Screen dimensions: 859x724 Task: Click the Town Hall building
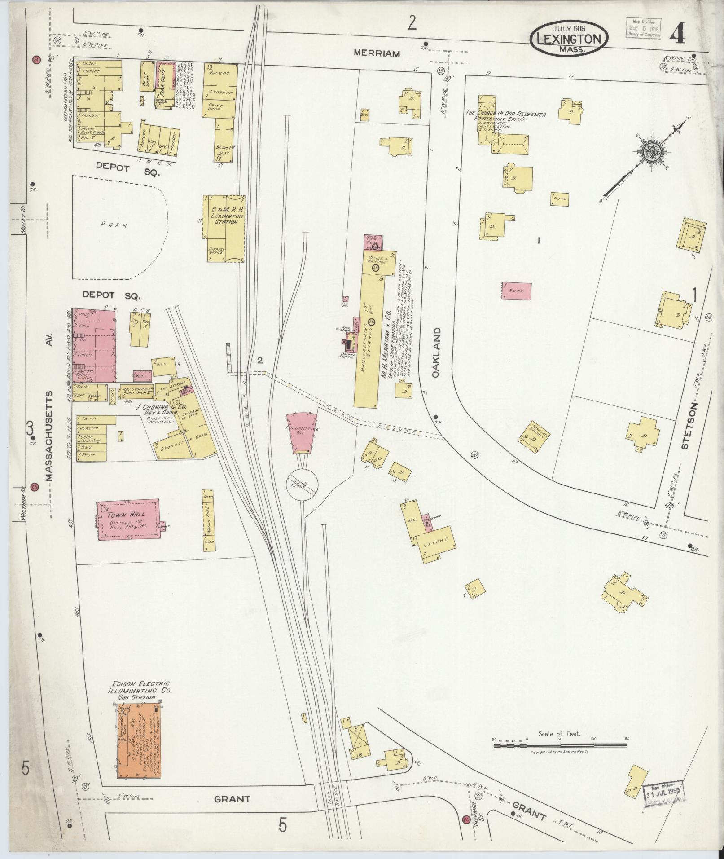tap(128, 519)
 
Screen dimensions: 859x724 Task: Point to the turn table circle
tap(303, 486)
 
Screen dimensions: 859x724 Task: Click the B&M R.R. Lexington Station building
tap(224, 228)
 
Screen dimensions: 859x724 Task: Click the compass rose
tap(649, 152)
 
